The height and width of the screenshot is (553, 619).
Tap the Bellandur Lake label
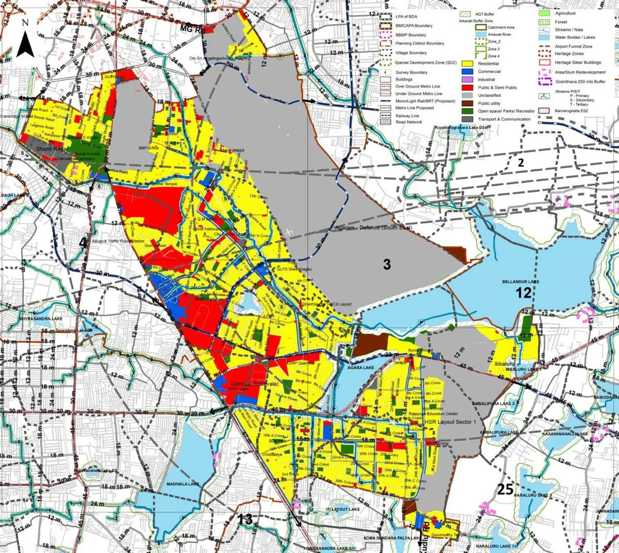pos(520,282)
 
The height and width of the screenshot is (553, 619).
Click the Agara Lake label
pos(361,368)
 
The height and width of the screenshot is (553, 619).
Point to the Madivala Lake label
pos(183,484)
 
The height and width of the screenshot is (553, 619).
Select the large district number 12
pos(524,293)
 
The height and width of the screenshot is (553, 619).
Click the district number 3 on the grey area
pos(386,265)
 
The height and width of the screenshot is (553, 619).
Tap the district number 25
pos(505,489)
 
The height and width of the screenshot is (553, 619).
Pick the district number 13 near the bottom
pos(245,519)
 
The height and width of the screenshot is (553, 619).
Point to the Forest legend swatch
pos(544,22)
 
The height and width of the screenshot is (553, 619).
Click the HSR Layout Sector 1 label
pos(450,422)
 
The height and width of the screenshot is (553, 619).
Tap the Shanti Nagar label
pos(52,149)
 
